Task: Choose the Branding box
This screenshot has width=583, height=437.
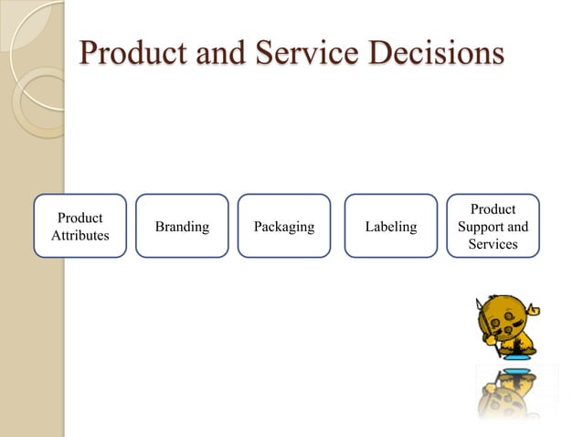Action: tap(182, 226)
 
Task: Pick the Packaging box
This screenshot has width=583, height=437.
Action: tap(284, 226)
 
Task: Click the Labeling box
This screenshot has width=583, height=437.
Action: tap(390, 226)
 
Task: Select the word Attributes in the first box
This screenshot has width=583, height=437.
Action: tap(80, 236)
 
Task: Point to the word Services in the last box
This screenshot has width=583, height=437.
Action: tap(493, 244)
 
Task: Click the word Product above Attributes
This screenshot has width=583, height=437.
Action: tap(80, 218)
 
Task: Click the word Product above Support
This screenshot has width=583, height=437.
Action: tap(493, 209)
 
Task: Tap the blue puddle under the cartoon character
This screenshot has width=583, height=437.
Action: tap(517, 357)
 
